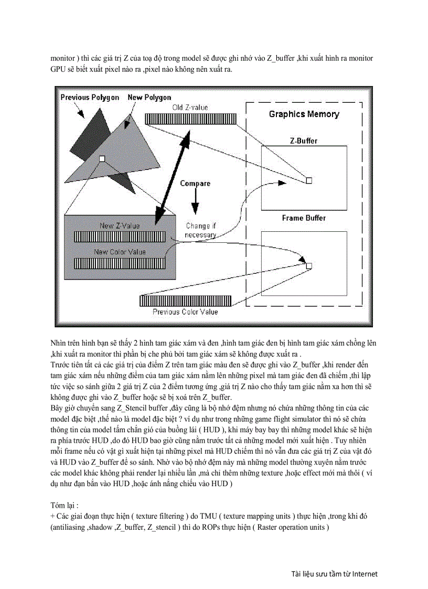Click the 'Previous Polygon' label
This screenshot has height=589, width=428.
(x=89, y=98)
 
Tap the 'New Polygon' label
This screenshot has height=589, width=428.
(x=149, y=98)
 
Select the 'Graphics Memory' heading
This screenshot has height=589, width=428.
(x=304, y=114)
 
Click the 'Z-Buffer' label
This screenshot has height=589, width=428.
(x=304, y=141)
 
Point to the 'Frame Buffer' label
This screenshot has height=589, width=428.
(x=304, y=218)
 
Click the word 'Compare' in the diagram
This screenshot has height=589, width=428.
(x=195, y=184)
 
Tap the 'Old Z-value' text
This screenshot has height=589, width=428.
(x=190, y=108)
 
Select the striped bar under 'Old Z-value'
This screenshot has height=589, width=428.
(x=191, y=119)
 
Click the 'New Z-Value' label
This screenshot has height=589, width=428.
(x=120, y=226)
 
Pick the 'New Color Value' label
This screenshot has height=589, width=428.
(x=120, y=252)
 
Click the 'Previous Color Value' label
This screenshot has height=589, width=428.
(x=185, y=312)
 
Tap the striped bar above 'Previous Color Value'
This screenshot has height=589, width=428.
(x=185, y=301)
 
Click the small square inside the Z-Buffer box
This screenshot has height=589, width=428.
(x=309, y=180)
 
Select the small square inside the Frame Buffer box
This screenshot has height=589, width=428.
(x=309, y=266)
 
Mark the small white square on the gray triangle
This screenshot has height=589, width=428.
(x=102, y=158)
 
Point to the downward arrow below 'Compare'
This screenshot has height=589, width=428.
(x=195, y=201)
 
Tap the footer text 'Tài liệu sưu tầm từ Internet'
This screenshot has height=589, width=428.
(x=334, y=574)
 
